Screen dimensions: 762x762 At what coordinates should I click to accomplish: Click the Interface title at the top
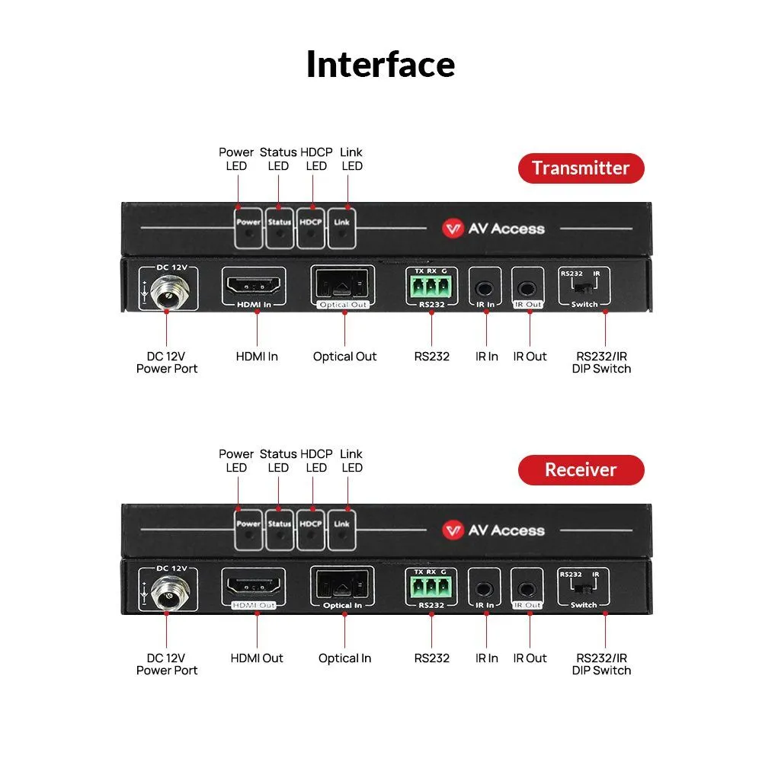coord(380,64)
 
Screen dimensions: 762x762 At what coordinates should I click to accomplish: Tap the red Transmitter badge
coord(581,168)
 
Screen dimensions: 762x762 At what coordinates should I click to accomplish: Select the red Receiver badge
coord(581,469)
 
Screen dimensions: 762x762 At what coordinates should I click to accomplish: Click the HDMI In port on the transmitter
coord(253,288)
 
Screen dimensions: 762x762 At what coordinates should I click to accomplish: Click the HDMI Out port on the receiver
coord(253,589)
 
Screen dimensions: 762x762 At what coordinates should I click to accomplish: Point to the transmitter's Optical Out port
coord(343,287)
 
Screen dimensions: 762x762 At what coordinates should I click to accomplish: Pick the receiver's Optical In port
coord(343,588)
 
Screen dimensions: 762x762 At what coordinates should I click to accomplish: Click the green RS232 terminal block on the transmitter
coord(431,288)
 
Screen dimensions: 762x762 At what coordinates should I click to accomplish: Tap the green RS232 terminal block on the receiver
coord(431,590)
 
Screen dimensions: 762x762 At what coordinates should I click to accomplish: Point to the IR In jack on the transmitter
coord(485,288)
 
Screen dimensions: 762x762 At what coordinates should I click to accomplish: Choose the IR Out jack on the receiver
coord(528,589)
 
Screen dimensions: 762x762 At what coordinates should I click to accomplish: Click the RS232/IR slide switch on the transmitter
coord(584,288)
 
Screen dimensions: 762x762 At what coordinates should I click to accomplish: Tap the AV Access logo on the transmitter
coord(494,228)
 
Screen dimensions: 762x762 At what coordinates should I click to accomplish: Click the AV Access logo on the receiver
coord(494,530)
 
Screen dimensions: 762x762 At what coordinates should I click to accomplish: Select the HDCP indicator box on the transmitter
coord(311,228)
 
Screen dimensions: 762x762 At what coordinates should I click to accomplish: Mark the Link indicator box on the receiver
coord(342,530)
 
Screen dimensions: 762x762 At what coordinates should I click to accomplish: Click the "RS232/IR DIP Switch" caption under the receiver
coord(601,664)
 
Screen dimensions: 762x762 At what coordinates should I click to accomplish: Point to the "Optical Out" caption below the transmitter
coord(344,356)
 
